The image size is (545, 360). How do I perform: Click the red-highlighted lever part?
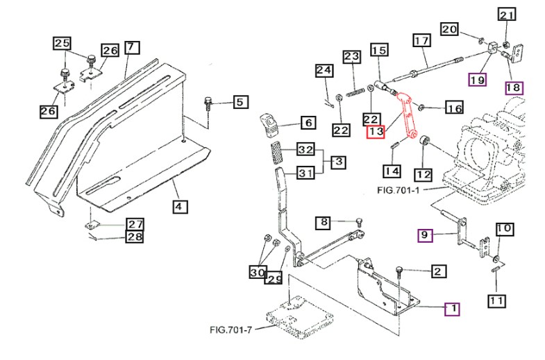click(406, 116)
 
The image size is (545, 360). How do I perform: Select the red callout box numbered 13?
click(376, 132)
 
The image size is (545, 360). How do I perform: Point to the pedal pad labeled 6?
click(269, 125)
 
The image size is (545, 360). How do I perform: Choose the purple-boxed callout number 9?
click(425, 235)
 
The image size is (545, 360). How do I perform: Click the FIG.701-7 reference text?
click(230, 329)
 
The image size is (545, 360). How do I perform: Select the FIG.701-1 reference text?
click(399, 190)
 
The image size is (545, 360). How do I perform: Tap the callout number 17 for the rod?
click(422, 41)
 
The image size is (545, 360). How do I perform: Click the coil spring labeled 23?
click(355, 92)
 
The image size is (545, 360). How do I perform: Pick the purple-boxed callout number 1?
click(453, 309)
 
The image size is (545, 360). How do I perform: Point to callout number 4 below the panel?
click(181, 207)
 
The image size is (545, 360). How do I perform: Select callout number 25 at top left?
click(62, 44)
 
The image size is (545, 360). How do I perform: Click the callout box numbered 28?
click(135, 237)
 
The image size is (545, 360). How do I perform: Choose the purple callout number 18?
click(514, 88)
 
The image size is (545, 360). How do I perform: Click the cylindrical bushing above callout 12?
click(424, 141)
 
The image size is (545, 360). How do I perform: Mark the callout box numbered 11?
click(496, 300)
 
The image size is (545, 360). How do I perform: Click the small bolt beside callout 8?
click(360, 221)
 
